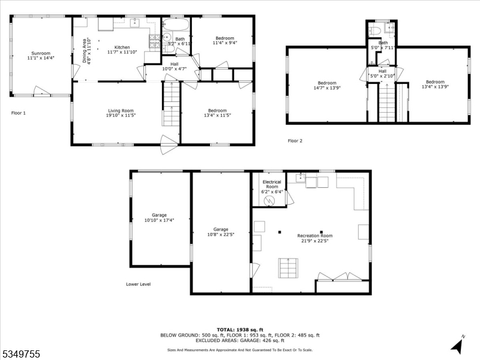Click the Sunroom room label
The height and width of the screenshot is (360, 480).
pyautogui.click(x=41, y=52)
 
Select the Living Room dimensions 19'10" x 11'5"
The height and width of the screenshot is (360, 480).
pyautogui.click(x=121, y=115)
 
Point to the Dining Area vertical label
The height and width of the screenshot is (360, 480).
pyautogui.click(x=86, y=51)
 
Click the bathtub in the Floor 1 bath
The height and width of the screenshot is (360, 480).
pyautogui.click(x=176, y=26)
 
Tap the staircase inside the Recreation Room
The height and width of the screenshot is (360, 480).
pyautogui.click(x=287, y=266)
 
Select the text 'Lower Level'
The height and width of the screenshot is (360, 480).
pyautogui.click(x=138, y=284)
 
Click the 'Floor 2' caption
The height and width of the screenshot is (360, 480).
pyautogui.click(x=295, y=141)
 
